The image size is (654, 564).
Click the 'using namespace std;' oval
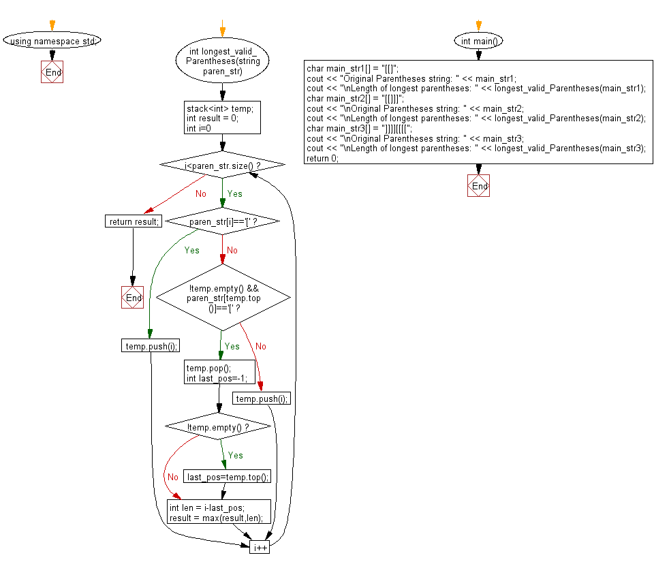click(52, 41)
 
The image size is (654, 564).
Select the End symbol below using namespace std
click(52, 72)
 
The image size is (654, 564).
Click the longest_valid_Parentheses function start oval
click(222, 61)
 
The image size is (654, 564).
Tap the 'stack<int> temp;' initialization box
click(222, 118)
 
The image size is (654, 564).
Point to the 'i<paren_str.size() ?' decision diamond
click(222, 166)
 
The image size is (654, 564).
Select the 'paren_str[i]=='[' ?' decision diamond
click(222, 221)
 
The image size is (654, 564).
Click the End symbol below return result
click(133, 298)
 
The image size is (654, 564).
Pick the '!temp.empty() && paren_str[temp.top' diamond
click(223, 298)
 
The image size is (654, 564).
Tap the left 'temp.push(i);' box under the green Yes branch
click(151, 346)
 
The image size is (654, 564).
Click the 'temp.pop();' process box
click(218, 373)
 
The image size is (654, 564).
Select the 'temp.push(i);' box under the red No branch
click(262, 398)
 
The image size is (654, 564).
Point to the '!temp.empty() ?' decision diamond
click(218, 428)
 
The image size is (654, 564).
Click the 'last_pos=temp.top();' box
click(228, 477)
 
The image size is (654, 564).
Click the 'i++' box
click(260, 547)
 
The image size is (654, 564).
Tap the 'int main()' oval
click(478, 41)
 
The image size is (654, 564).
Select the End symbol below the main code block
click(478, 186)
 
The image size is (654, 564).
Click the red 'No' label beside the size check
click(200, 194)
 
